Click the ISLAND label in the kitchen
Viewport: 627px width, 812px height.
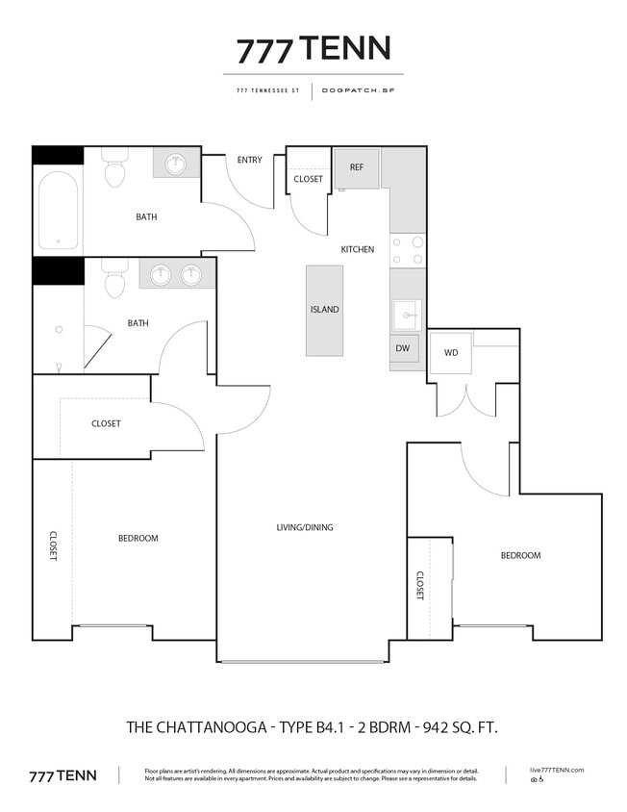click(324, 310)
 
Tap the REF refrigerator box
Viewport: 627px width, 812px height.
click(357, 167)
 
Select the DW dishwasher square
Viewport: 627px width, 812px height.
click(404, 348)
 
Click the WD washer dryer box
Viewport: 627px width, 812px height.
click(451, 353)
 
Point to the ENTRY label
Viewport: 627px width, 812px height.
click(250, 160)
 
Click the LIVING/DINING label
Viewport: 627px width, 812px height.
click(305, 527)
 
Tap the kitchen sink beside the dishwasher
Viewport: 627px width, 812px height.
click(406, 314)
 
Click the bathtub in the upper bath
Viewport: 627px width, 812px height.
click(59, 211)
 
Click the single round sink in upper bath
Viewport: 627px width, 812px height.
click(176, 164)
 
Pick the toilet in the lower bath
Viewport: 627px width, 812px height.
click(114, 282)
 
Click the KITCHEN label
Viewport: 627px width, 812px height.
click(357, 250)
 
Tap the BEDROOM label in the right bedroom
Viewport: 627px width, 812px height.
click(520, 555)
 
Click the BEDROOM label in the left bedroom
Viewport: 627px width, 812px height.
click(138, 538)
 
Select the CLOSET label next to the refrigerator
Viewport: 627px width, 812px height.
click(309, 179)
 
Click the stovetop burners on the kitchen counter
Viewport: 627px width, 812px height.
click(408, 250)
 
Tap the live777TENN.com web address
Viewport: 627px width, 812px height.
click(558, 770)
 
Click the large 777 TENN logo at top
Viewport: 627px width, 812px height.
click(313, 48)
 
